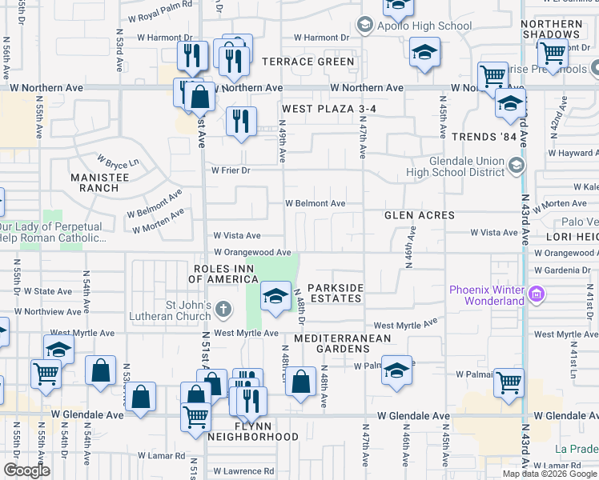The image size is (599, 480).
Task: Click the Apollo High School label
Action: [425, 26]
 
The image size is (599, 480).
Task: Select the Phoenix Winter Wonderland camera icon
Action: [536, 295]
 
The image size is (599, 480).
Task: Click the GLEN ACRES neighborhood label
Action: [420, 215]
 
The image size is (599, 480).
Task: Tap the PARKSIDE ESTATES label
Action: [336, 293]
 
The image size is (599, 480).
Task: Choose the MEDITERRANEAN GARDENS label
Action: [342, 343]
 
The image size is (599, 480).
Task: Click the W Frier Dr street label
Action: [231, 170]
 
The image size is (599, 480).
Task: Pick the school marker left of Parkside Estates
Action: [275, 296]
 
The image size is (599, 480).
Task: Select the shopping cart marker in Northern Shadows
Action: [553, 53]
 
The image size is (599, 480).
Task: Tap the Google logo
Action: [26, 470]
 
